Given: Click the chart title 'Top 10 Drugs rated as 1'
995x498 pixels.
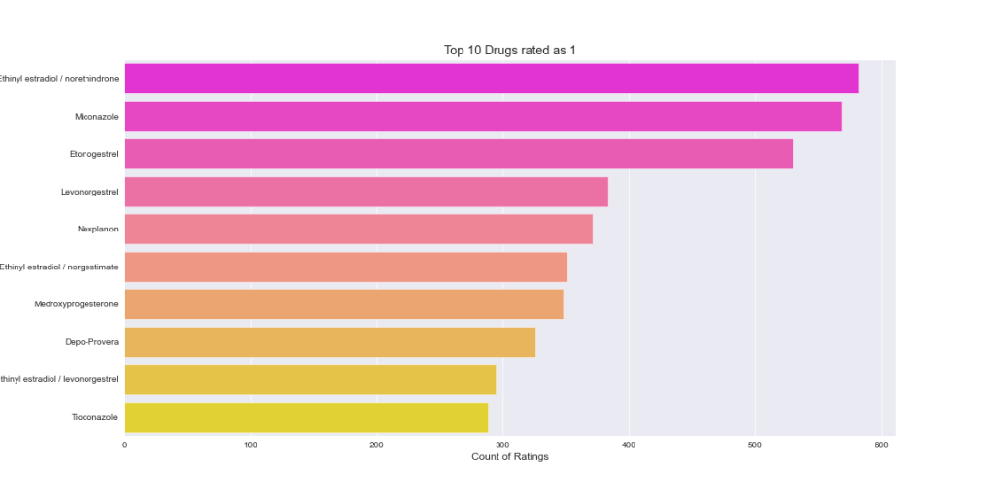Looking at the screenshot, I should (510, 51).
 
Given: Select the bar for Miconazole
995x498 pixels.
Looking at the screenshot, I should (483, 117).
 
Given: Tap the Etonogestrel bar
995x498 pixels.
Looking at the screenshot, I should (459, 154).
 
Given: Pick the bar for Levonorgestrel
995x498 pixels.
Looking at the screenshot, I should (366, 192).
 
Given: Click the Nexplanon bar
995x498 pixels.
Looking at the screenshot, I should (359, 230).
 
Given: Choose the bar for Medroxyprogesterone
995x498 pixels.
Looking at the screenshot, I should (344, 304).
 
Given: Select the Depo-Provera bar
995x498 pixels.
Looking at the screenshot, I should (330, 342).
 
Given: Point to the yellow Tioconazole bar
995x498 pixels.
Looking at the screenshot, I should (306, 417).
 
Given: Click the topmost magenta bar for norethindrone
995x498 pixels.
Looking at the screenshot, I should (492, 79).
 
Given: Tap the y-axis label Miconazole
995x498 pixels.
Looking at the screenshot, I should (96, 117).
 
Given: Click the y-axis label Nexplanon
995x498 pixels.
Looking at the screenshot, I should (97, 230).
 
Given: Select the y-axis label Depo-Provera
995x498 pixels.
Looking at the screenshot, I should (91, 342).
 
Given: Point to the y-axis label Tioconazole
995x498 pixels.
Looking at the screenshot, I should (94, 417).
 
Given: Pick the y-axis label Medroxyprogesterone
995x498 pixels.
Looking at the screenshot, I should (76, 304).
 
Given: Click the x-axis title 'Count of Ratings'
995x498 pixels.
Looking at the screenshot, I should (510, 457).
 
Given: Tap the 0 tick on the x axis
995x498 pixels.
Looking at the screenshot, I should (125, 445).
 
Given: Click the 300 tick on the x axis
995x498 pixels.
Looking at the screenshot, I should (502, 445).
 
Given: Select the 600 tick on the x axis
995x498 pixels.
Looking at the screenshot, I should (880, 445).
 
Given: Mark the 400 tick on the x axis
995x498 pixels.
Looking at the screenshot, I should (629, 445).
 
